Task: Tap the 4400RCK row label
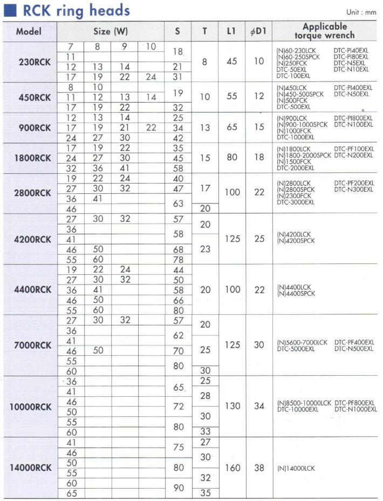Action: coord(32,289)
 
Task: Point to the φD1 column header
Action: coord(259,31)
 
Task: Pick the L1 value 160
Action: coord(232,468)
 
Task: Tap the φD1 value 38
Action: coord(259,468)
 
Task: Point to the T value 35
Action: coord(205,493)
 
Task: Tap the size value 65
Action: coord(71,493)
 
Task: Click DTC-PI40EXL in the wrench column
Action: coord(351,50)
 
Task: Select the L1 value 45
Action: coord(232,62)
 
